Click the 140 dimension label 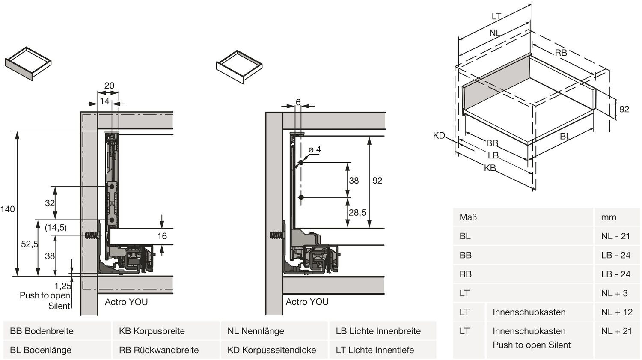tap(8, 209)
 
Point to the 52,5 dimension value tap(29, 244)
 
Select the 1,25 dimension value tap(63, 286)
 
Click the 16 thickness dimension tap(162, 236)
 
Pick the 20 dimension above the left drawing tap(109, 86)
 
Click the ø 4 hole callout tap(315, 150)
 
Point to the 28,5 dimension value tap(357, 212)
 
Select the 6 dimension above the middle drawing tap(298, 102)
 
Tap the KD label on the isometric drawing tap(439, 136)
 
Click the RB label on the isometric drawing tap(561, 53)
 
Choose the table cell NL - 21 tap(615, 236)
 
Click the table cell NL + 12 tap(617, 312)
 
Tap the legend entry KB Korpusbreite tap(152, 331)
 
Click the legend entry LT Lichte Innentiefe tap(375, 350)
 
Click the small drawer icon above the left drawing tap(28, 64)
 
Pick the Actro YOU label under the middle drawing tap(307, 302)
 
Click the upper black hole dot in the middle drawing tap(301, 163)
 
